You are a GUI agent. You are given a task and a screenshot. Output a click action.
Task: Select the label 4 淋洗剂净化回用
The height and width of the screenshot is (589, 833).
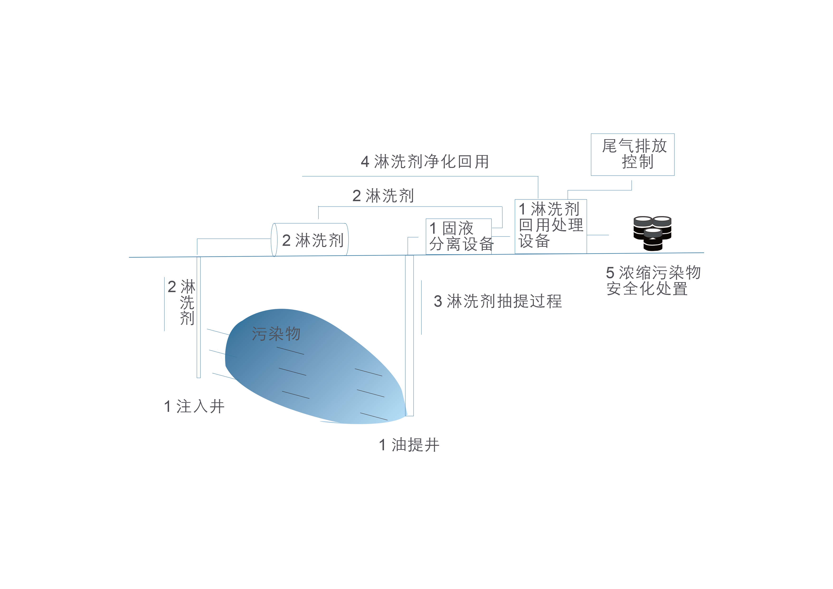425,161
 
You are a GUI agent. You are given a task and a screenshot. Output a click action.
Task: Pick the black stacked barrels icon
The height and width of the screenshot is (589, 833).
652,233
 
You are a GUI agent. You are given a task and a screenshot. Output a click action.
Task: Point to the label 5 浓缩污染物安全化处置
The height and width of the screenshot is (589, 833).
653,280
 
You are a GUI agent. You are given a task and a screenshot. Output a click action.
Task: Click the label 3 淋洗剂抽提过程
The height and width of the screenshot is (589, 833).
498,301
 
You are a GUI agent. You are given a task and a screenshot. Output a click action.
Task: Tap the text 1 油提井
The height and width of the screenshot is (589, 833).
409,445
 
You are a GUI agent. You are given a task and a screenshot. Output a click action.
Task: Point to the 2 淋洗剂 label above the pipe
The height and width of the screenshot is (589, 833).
383,196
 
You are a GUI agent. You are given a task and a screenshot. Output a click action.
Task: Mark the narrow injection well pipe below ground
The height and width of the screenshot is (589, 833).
199,317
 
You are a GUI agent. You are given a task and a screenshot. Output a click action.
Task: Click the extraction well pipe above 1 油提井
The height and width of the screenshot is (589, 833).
409,335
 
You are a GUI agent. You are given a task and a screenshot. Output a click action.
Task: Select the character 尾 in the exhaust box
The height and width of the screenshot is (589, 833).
610,146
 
